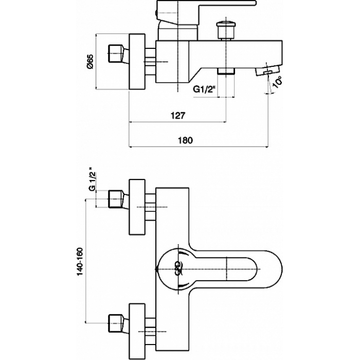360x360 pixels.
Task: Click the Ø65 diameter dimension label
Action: [x=90, y=62]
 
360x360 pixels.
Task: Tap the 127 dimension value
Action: [x=178, y=115]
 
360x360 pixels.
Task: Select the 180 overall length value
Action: [x=186, y=140]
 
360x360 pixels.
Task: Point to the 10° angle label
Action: [x=277, y=83]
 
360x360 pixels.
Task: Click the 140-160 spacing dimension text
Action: [x=80, y=262]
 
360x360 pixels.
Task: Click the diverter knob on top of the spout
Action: [x=226, y=30]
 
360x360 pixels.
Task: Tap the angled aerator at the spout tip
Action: [x=268, y=70]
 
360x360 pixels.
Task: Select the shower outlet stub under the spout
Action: [x=226, y=71]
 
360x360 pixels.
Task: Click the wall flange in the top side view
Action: [x=137, y=62]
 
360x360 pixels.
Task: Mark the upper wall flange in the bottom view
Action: [x=137, y=207]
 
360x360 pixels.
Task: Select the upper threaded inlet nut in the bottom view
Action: [x=118, y=200]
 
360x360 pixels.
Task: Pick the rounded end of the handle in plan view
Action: [x=276, y=269]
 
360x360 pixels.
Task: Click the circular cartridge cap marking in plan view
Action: [x=179, y=268]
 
